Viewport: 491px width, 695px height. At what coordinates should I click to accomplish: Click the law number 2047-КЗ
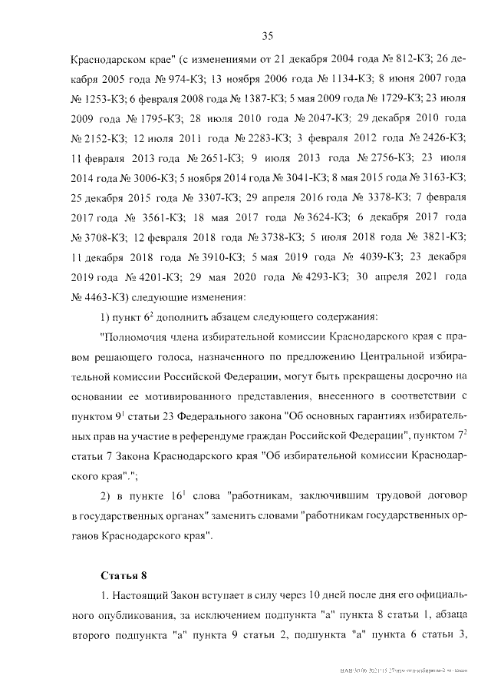coord(315,117)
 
